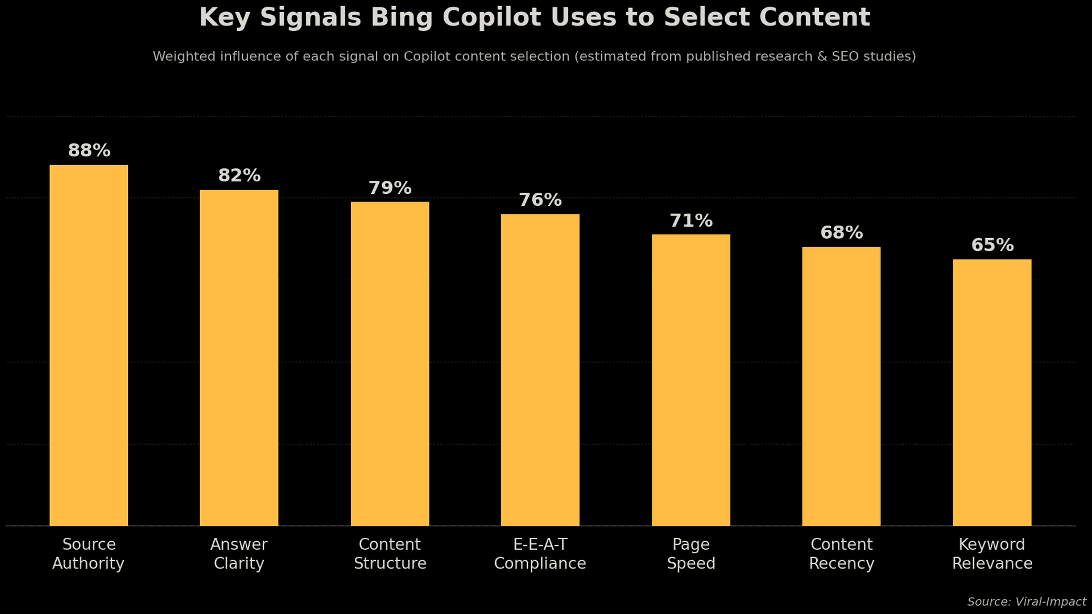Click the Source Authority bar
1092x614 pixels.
click(x=89, y=345)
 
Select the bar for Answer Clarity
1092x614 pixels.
click(x=239, y=358)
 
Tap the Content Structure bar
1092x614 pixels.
click(x=390, y=364)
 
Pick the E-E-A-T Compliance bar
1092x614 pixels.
click(x=540, y=370)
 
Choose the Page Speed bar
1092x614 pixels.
click(x=690, y=380)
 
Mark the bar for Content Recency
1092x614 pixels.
click(x=841, y=386)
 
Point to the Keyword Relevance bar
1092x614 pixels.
click(x=992, y=392)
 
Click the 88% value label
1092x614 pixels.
click(x=89, y=151)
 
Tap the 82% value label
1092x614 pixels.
click(x=239, y=176)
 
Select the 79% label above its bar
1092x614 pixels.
click(x=390, y=188)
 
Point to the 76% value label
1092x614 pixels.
click(x=540, y=201)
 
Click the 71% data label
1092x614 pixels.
click(x=690, y=221)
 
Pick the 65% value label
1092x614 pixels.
click(x=992, y=246)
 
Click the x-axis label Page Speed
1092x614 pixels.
click(x=690, y=554)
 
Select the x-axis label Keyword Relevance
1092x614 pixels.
click(x=992, y=554)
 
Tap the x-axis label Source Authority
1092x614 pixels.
click(x=89, y=554)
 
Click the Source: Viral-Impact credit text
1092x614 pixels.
click(x=1026, y=602)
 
